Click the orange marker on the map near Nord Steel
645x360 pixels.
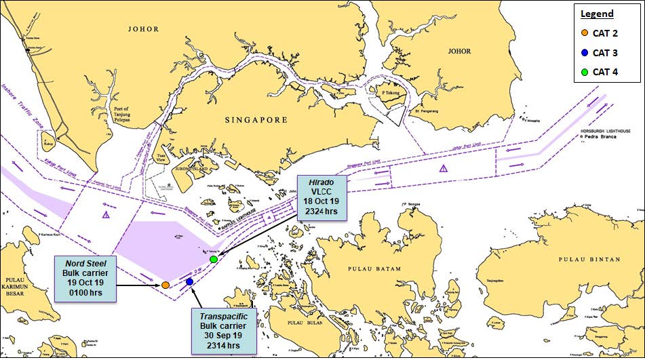[165, 285]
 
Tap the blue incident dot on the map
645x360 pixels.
[189, 281]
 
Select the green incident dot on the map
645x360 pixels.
[214, 260]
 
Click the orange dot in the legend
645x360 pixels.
[584, 33]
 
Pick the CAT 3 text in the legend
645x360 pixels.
[605, 52]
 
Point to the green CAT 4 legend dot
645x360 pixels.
[584, 72]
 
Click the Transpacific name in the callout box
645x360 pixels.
[223, 317]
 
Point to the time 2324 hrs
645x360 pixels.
[322, 213]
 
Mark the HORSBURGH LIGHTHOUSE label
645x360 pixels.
[606, 129]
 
